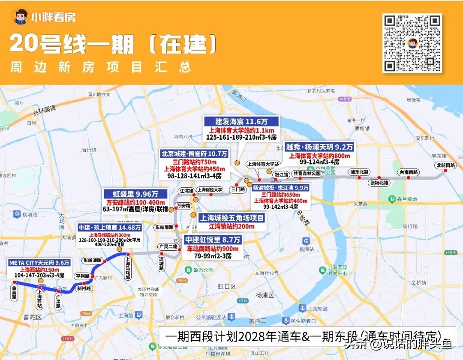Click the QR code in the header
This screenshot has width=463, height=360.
coord(412,43)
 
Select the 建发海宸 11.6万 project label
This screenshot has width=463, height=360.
coord(241,121)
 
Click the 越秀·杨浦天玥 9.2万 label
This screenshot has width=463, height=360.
coord(319,147)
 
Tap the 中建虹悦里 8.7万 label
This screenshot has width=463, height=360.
coord(213,240)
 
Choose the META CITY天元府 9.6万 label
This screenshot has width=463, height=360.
coord(39,262)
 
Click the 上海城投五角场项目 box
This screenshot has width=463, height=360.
coord(232,218)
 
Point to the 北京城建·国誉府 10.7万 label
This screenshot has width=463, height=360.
coord(194,153)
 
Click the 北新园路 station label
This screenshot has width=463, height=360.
coord(446,165)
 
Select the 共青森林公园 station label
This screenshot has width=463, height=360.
coord(307,174)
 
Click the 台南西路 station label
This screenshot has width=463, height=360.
coord(409,172)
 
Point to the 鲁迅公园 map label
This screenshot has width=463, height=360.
coord(202,270)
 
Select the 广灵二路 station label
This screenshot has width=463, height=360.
coord(167,247)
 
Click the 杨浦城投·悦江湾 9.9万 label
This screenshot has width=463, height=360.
coord(281,188)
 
